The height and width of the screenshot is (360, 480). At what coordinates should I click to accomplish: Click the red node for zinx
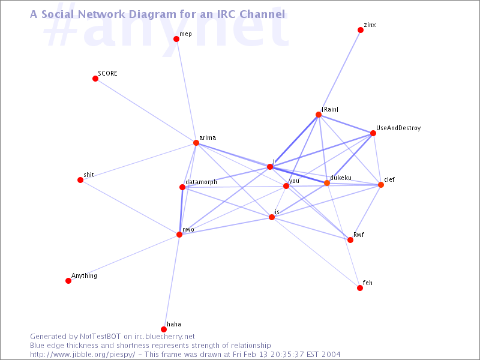(361, 30)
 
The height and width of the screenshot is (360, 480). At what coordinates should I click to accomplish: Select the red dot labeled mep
(176, 39)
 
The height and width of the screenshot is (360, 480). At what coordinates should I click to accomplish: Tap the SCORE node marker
(95, 79)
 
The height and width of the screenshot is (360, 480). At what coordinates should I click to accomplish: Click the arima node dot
(196, 143)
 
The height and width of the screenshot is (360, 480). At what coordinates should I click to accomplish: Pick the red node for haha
(164, 329)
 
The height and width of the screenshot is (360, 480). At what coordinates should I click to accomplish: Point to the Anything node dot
(68, 281)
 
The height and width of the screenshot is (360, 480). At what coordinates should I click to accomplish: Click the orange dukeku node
(327, 183)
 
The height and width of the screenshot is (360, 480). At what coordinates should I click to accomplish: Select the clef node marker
(381, 185)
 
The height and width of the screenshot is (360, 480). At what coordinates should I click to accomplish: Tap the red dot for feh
(360, 288)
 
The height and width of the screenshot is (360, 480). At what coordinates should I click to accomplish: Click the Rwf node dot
(350, 240)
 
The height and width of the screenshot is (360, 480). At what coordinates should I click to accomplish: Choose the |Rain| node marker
(319, 115)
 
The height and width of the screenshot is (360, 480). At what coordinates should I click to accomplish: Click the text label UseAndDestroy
(398, 128)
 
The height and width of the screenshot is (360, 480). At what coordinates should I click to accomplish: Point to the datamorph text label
(201, 182)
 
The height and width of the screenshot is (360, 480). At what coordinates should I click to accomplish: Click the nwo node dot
(179, 235)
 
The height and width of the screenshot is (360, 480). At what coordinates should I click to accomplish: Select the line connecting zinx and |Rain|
(340, 72)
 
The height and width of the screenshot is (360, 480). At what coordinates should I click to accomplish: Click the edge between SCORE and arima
(146, 111)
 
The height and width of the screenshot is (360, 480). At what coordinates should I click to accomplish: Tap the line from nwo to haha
(172, 282)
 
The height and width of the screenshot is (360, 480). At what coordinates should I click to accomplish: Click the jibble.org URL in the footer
(83, 355)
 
